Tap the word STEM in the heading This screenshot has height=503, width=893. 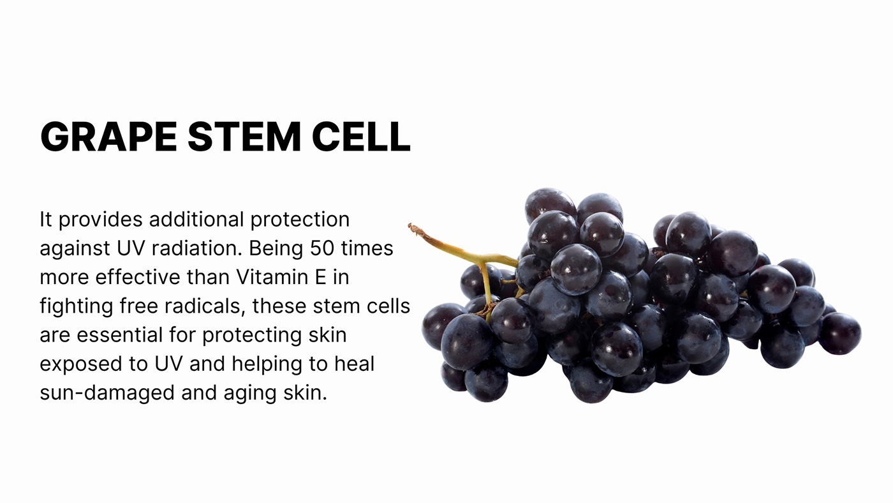pos(244,137)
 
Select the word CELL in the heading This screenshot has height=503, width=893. pos(361,137)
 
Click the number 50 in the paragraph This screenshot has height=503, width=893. pos(322,248)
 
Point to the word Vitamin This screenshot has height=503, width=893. pos(275,277)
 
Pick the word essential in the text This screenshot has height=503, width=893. pos(120,334)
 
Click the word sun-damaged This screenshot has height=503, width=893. pos(107,393)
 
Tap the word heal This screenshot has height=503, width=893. pos(355,363)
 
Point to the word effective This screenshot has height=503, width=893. pos(138,277)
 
